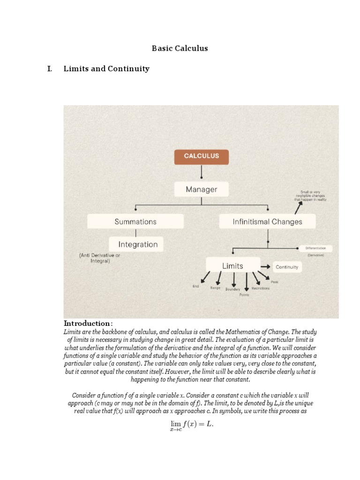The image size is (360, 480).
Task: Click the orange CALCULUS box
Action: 202,157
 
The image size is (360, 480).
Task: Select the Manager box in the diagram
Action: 202,189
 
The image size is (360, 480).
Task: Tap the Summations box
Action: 135,221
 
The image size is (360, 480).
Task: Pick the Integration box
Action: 138,244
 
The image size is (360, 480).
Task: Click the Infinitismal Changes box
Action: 267,221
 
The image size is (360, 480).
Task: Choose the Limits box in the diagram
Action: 232,266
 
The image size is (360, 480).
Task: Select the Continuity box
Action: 287,267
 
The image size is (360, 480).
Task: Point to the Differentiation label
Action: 319,248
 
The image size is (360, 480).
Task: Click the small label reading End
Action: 196,286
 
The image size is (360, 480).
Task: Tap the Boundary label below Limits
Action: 232,289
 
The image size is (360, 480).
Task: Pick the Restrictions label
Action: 261,288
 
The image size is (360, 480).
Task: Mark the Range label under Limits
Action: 215,287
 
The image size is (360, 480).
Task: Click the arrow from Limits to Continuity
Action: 265,266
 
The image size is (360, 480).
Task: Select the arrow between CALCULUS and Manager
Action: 202,173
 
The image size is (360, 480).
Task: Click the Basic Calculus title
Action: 180,48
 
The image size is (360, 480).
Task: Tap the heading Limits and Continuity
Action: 106,69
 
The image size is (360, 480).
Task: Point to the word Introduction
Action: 87,323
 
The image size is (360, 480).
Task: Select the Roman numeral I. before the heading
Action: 49,69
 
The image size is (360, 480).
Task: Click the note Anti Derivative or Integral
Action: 99,258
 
